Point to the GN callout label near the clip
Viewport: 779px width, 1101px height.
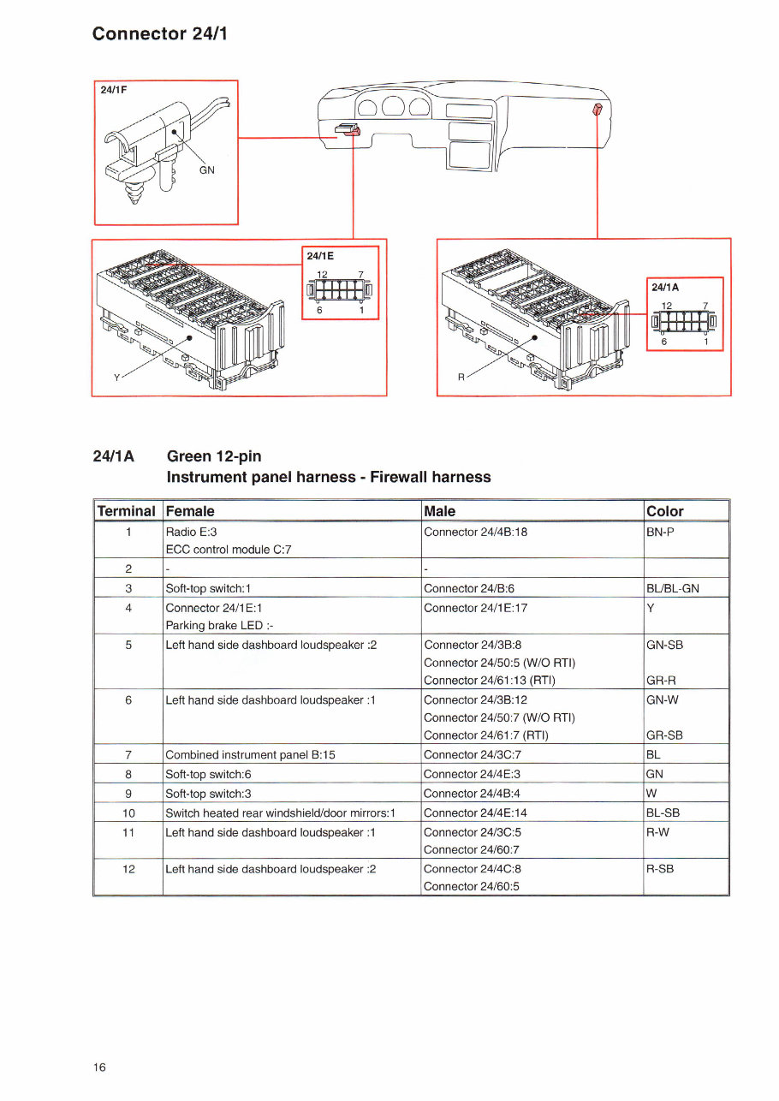click(x=207, y=170)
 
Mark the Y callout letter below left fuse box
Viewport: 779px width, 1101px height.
click(x=116, y=377)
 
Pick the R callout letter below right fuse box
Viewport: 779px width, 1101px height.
click(x=461, y=377)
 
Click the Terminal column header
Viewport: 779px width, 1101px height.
click(x=127, y=511)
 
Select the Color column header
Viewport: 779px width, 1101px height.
click(x=665, y=511)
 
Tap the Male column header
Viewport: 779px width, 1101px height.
click(x=440, y=511)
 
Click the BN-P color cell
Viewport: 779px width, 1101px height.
click(x=662, y=532)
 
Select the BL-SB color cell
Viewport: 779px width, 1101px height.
click(x=663, y=812)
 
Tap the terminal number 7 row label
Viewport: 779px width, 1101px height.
click(x=128, y=754)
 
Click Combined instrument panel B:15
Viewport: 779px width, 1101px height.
click(x=249, y=754)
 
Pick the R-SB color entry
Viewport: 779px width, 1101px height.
click(x=660, y=868)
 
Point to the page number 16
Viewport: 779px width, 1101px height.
click(x=100, y=1067)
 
